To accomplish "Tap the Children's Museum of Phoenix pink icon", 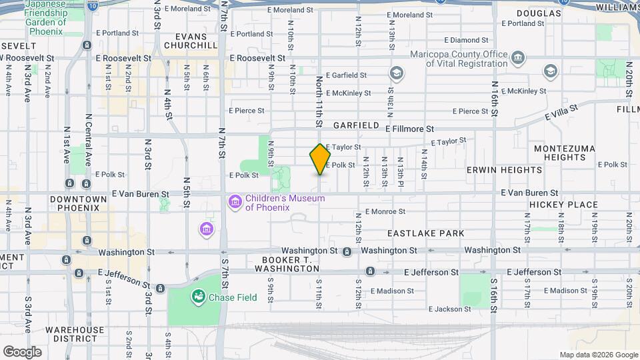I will click(234, 201).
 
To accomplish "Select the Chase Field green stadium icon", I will click(198, 296).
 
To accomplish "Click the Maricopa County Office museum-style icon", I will click(517, 59).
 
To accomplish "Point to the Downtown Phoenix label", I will click(78, 203).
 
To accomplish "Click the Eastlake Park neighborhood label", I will click(425, 233).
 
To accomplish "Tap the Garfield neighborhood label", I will click(357, 125).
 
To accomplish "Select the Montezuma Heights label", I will click(564, 152).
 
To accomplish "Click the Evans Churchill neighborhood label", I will click(191, 41).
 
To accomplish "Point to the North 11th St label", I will click(319, 102).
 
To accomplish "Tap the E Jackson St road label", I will click(449, 309).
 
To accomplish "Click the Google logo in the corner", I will click(22, 351).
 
